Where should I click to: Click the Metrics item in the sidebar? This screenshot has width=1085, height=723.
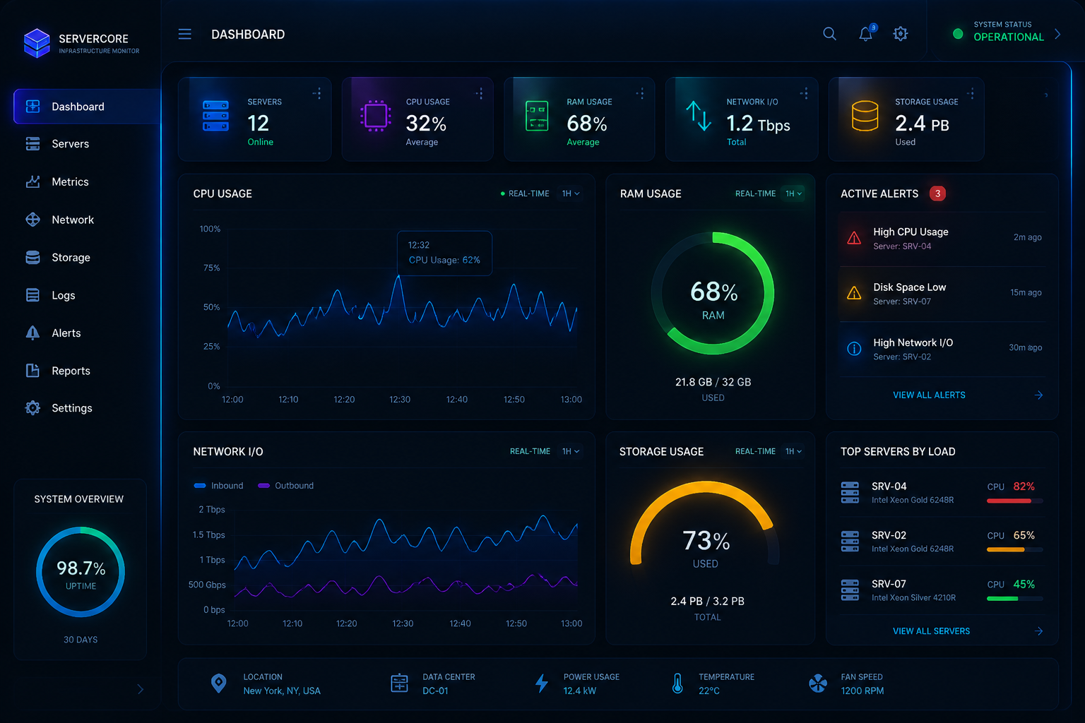[x=70, y=181]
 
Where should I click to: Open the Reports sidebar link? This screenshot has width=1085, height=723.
[x=71, y=371]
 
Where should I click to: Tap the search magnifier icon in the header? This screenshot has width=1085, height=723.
[x=829, y=34]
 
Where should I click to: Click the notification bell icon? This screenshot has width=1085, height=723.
[x=866, y=33]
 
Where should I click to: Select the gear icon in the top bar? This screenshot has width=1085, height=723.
[x=901, y=34]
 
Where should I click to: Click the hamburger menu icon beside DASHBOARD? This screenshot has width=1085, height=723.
[x=184, y=34]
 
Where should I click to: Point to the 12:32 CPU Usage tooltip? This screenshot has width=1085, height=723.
[x=444, y=253]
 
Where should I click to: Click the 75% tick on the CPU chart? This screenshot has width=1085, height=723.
[x=212, y=268]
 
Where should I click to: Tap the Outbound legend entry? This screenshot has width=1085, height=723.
[x=286, y=485]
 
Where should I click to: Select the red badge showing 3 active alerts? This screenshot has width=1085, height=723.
[x=937, y=193]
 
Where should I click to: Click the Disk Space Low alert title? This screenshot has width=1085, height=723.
[x=909, y=287]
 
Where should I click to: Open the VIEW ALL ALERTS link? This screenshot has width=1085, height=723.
[x=929, y=395]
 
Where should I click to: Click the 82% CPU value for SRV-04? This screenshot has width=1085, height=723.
[x=1024, y=486]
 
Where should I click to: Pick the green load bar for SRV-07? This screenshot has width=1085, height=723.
[x=1002, y=599]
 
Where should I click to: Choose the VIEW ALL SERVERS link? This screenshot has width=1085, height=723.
[x=931, y=631]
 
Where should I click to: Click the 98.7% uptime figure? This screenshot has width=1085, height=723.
[x=81, y=568]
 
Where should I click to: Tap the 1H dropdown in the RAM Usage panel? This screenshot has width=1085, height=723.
[x=793, y=193]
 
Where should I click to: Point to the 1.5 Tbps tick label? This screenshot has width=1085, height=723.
[x=209, y=534]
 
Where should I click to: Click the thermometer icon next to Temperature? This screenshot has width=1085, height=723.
[x=677, y=683]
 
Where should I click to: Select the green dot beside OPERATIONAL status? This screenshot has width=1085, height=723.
[x=958, y=34]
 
